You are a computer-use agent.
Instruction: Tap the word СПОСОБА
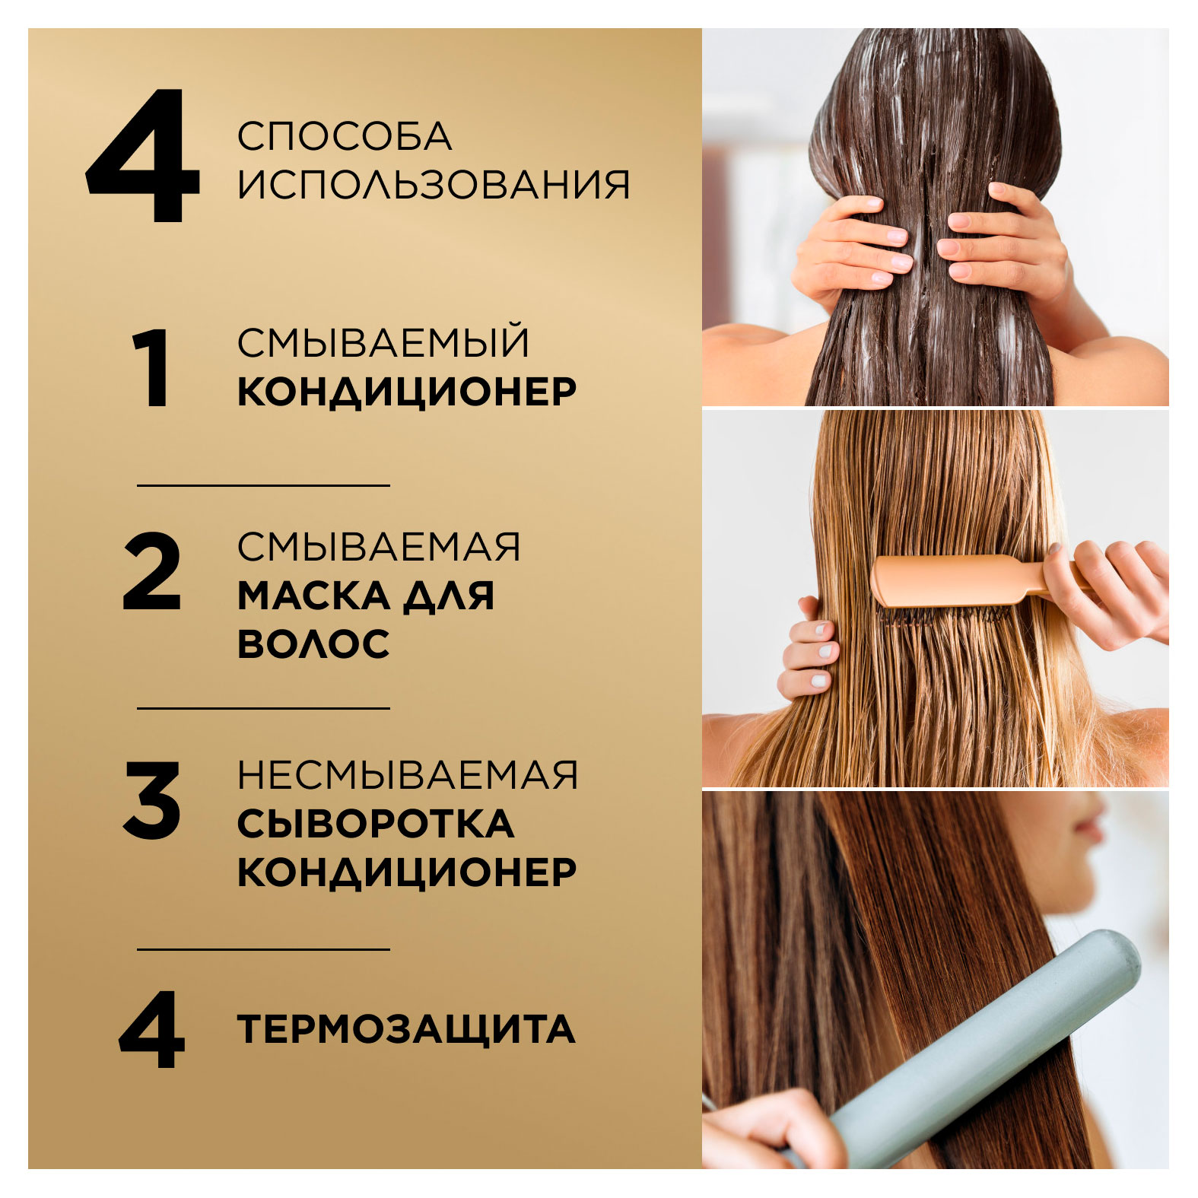[344, 137]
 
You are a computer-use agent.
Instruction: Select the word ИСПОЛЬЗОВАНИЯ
[433, 185]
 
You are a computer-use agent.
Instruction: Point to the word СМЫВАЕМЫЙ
[383, 343]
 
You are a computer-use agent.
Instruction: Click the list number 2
[151, 572]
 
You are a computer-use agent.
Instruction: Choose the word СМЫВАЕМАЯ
[378, 547]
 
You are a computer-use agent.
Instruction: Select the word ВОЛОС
[313, 644]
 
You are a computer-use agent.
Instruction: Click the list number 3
[151, 800]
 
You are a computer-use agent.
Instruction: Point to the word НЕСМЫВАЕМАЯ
[407, 776]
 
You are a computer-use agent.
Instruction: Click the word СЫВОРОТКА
[375, 824]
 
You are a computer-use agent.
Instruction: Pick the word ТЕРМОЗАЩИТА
[405, 1029]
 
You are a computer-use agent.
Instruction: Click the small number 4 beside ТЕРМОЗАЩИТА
[151, 1029]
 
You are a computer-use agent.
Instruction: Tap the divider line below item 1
[263, 485]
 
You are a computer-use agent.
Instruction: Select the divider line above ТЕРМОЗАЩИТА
[263, 949]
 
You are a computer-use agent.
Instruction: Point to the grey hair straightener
[989, 1050]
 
